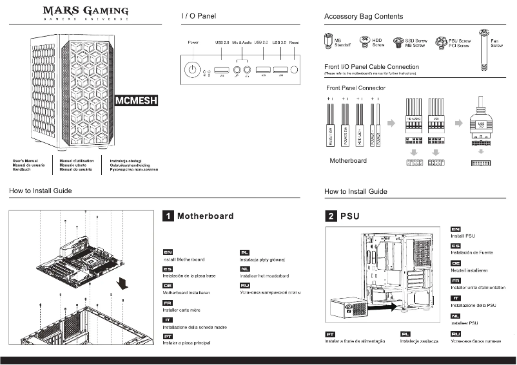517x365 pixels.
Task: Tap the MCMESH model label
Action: [135, 101]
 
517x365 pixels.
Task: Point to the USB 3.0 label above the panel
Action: [279, 42]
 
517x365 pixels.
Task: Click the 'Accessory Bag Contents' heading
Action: [364, 16]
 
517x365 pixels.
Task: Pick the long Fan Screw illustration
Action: [484, 52]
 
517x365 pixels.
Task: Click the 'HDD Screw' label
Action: [378, 43]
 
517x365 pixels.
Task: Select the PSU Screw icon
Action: [442, 43]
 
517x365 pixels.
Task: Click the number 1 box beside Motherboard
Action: [168, 216]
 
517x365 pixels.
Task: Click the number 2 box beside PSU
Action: [330, 216]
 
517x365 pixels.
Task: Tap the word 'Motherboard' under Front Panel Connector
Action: [348, 161]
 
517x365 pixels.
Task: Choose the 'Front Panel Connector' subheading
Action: [356, 88]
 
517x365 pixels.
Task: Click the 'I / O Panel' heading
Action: [199, 15]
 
